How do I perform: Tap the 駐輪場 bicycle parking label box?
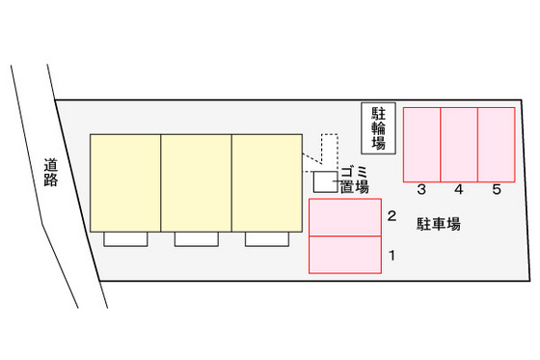[379, 128]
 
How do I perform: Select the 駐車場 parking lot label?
[438, 225]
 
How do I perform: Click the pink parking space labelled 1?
[344, 255]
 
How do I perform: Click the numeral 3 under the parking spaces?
[421, 190]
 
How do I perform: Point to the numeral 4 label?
[459, 190]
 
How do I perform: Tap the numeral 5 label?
[496, 190]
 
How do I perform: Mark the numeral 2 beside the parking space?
[391, 216]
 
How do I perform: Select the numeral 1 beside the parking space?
[391, 255]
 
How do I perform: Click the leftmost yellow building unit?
[125, 182]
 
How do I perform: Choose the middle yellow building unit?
[196, 182]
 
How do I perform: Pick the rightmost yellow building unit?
[267, 182]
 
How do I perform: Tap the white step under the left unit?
[125, 239]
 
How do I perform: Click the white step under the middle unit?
[196, 239]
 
